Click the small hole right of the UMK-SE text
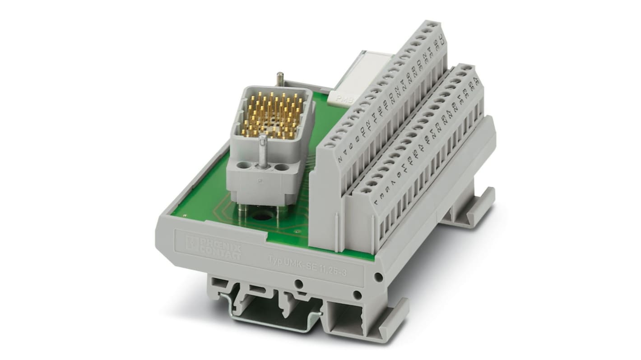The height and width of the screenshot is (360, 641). click(378, 276)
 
